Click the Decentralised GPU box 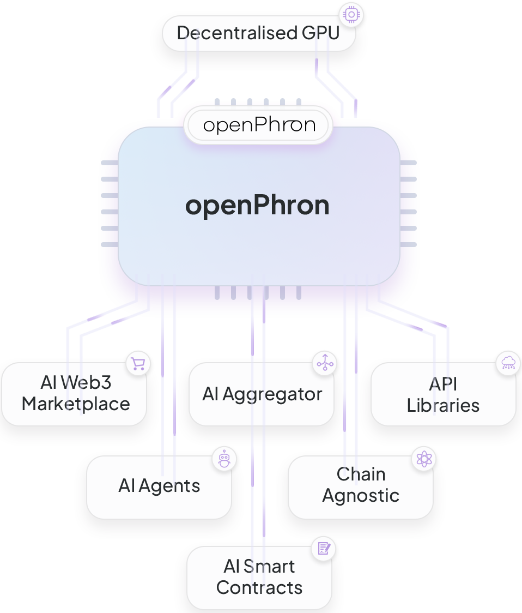[258, 33]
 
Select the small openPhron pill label [259, 125]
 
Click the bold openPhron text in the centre [257, 206]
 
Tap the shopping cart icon [138, 364]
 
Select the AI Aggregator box [262, 394]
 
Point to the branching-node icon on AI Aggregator [325, 363]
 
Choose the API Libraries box [443, 394]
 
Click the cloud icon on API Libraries [507, 363]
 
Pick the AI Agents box [159, 486]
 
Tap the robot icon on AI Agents [224, 459]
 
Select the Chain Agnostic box [361, 485]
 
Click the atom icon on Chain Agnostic [424, 459]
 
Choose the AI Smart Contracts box [259, 577]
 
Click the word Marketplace [76, 404]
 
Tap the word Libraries [443, 406]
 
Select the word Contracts [259, 588]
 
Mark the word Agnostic [361, 496]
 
